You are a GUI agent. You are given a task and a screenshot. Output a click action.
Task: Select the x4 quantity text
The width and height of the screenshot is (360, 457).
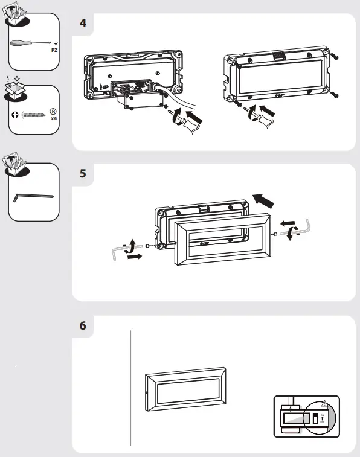pyautogui.click(x=54, y=119)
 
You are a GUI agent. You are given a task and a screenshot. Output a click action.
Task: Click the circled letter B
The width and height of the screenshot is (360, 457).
pyautogui.click(x=53, y=111)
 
